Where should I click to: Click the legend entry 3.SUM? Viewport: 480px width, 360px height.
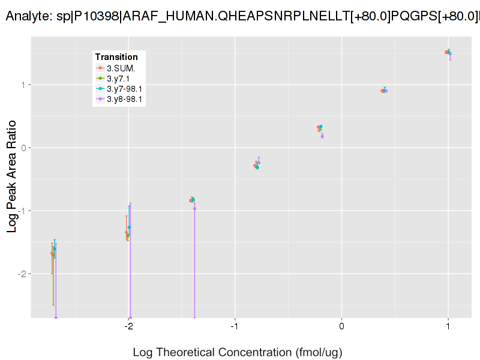pos(120,68)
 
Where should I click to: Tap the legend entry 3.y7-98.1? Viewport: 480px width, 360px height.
pos(124,89)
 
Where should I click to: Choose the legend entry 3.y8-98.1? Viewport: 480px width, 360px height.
pos(124,100)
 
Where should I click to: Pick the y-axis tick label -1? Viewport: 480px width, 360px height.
pos(22,211)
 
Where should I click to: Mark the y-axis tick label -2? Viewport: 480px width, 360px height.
pos(22,274)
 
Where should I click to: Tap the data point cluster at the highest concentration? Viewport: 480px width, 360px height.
pos(448,53)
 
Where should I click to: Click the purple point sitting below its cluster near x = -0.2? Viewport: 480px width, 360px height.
pos(322,136)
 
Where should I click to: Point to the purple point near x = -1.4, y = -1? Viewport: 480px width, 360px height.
pos(194,208)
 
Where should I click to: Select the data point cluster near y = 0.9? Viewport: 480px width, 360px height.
pos(384,91)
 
